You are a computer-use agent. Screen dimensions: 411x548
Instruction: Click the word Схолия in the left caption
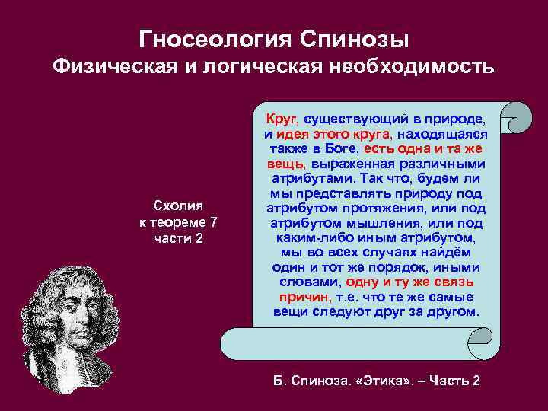click(177, 205)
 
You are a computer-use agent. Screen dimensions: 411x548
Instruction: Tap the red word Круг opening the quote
click(282, 119)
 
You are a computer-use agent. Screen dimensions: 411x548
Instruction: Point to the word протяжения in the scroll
click(379, 208)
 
